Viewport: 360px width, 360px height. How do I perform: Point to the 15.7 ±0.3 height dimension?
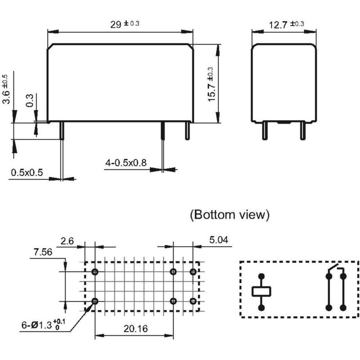tap(211, 84)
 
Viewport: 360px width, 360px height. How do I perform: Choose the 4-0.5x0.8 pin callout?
tap(126, 162)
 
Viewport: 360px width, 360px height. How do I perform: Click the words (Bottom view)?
tap(229, 215)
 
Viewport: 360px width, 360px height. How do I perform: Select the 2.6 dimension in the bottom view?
tap(67, 241)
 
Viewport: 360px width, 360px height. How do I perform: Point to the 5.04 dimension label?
tap(219, 240)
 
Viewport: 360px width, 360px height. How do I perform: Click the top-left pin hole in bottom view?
tap(95, 272)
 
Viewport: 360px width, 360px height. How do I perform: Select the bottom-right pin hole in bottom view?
tap(193, 301)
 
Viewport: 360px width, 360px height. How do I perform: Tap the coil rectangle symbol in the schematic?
tap(261, 291)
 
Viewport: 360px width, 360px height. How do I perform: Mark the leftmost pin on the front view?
tap(61, 130)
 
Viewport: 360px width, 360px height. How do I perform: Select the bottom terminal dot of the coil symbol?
tap(261, 308)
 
